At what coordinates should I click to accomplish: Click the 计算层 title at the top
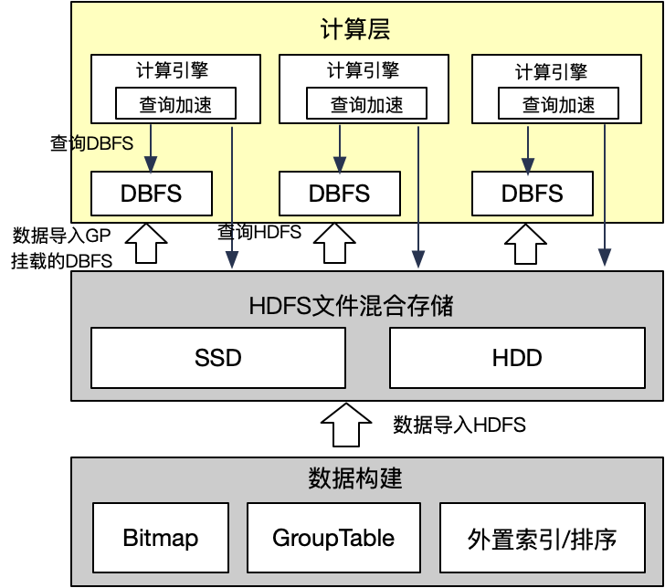tap(355, 29)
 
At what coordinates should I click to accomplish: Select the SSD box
tap(218, 357)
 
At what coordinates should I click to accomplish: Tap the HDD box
tap(517, 357)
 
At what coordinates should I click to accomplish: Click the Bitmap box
tap(160, 538)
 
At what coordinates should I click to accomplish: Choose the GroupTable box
tap(333, 538)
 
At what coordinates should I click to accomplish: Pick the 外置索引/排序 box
tap(542, 539)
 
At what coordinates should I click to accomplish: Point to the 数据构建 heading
tap(355, 478)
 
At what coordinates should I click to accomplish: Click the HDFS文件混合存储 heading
tap(351, 306)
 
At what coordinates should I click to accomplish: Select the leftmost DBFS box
tap(151, 194)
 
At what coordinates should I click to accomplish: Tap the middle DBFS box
tap(339, 194)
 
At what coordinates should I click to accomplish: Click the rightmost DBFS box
tap(533, 194)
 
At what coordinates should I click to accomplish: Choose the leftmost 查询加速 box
tap(175, 104)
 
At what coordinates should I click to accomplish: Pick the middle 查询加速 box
tap(366, 104)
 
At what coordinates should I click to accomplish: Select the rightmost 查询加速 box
tap(558, 104)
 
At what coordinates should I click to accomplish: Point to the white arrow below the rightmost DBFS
tap(524, 244)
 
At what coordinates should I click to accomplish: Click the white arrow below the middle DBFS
tap(333, 244)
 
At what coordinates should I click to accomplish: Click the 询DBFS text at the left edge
tap(102, 143)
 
